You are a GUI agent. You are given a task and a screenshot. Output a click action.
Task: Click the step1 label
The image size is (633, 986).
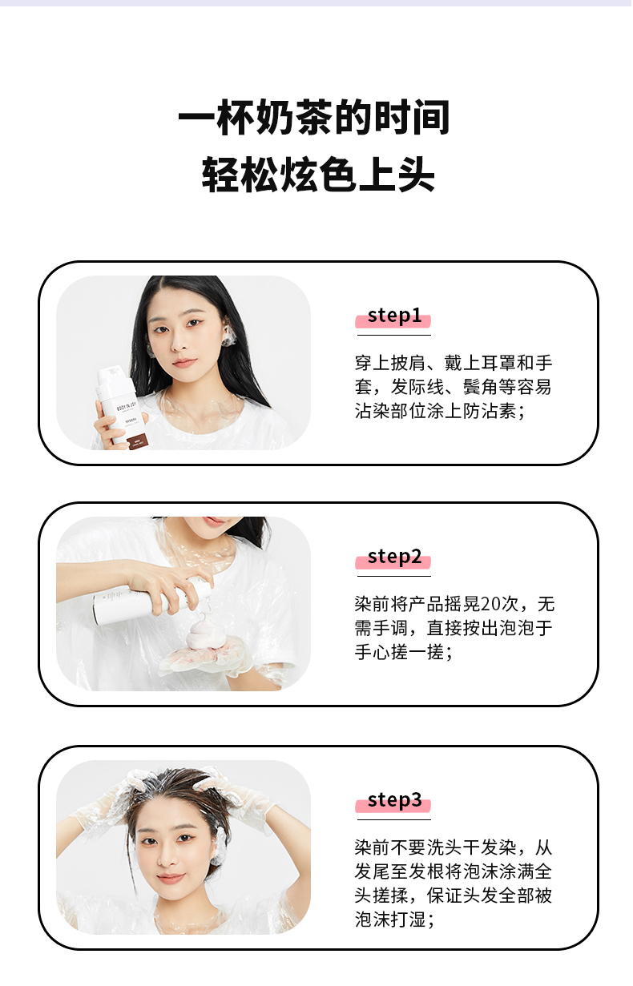pyautogui.click(x=394, y=316)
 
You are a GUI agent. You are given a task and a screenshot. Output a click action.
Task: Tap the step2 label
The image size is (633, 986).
pyautogui.click(x=394, y=557)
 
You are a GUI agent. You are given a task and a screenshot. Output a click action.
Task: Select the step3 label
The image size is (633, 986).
pyautogui.click(x=394, y=800)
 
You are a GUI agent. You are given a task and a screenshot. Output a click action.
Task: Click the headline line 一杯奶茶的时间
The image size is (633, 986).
pyautogui.click(x=314, y=117)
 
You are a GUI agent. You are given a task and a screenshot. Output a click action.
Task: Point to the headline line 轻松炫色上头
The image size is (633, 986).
pyautogui.click(x=318, y=175)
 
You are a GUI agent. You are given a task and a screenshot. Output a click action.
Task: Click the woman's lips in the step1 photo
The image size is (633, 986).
pyautogui.click(x=184, y=363)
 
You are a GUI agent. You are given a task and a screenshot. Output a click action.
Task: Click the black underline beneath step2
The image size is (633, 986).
pyautogui.click(x=393, y=576)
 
